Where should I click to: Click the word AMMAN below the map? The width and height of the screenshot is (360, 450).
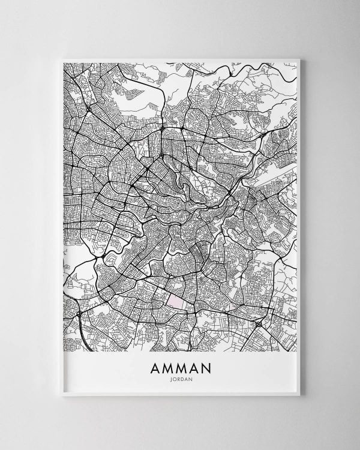pos(180,366)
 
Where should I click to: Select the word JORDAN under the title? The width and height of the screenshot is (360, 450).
pos(180,379)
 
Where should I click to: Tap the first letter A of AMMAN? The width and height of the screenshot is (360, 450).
pos(153,366)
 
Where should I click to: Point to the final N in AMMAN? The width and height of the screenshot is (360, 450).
pos(207,366)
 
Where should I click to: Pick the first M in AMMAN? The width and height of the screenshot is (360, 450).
pos(166,366)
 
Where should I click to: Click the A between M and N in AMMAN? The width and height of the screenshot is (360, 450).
pos(194,366)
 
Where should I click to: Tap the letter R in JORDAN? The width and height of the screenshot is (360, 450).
pos(178,379)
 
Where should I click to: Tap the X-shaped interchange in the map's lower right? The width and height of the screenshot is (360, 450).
pos(259,325)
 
